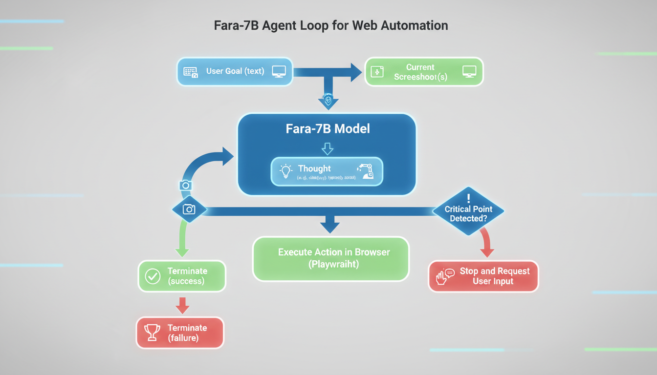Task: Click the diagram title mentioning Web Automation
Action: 331,26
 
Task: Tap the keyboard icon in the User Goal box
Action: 191,72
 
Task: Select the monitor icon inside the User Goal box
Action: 279,71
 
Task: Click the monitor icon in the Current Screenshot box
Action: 469,71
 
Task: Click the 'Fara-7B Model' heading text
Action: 328,129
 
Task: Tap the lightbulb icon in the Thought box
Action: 285,170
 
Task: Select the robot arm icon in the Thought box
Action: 366,171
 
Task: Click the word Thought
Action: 314,168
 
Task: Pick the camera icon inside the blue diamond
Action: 189,209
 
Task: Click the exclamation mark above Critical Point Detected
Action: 468,198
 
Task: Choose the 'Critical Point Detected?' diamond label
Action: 468,214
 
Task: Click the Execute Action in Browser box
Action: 330,258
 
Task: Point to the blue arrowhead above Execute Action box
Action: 330,225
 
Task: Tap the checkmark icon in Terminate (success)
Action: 153,276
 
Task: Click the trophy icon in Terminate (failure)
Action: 153,333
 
